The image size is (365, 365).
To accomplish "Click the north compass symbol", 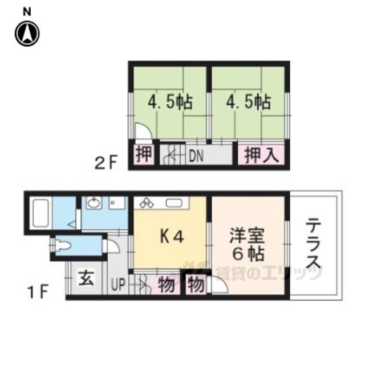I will (27, 34).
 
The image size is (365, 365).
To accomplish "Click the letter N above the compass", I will (27, 11).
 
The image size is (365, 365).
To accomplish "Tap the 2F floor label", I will (106, 164).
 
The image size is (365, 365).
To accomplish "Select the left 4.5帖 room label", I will (170, 103).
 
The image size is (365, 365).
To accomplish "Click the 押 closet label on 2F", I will (145, 155).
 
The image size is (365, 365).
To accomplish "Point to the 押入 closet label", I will (262, 155).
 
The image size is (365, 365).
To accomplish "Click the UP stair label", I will (118, 284).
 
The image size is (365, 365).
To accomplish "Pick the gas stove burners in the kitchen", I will (147, 202).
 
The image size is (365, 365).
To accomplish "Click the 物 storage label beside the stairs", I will (165, 285).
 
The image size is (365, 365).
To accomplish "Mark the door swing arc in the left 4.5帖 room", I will (143, 132).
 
